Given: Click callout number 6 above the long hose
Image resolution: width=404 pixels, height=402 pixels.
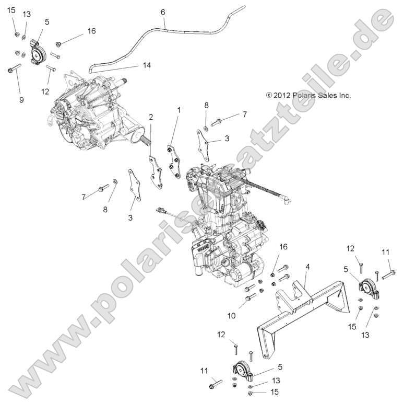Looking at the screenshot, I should click(x=163, y=12).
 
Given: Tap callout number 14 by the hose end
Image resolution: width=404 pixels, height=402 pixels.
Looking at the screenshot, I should click(x=147, y=65).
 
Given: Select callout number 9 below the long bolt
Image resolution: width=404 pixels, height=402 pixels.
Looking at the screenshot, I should click(x=21, y=99).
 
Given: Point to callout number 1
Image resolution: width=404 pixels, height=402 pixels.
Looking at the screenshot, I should click(x=179, y=110).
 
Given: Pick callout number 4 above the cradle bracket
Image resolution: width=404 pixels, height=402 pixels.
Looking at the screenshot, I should click(x=307, y=267).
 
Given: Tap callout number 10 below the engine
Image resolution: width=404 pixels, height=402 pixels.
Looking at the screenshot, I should click(x=232, y=316).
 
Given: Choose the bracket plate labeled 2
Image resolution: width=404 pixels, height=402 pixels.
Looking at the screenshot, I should click(x=156, y=172).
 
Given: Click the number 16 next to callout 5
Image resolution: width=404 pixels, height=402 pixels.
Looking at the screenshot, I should click(x=91, y=31).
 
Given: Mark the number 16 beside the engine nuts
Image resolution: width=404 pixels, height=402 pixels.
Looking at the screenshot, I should click(x=283, y=247).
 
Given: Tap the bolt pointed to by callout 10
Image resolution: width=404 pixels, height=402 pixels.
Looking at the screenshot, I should click(x=250, y=297).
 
